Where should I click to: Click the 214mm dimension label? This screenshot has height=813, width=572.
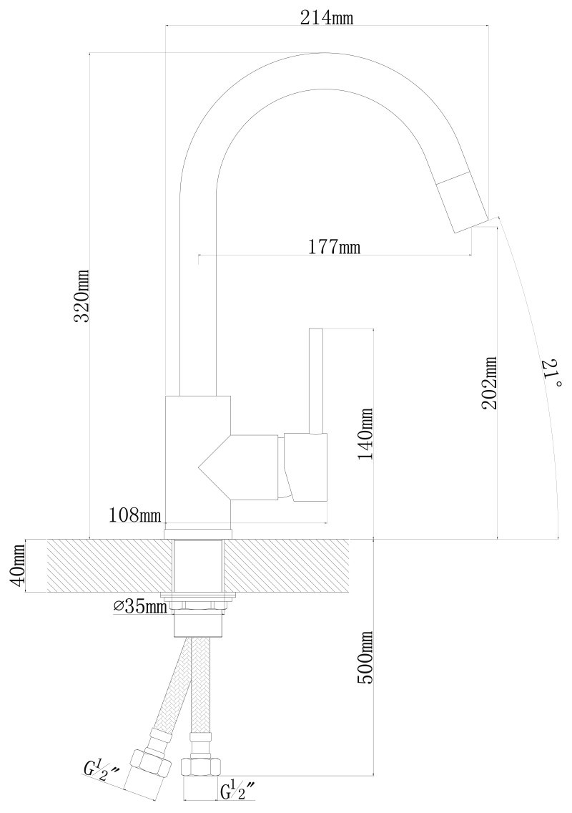point(327,18)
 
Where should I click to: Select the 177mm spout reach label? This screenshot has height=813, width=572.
point(334,247)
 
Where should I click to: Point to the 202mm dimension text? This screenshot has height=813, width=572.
point(490,382)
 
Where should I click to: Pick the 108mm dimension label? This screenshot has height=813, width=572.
point(135,515)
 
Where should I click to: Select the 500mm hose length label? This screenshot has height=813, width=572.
point(365,658)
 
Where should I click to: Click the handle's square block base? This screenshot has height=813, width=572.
point(306,468)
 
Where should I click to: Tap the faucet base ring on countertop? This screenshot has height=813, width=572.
point(198,534)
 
